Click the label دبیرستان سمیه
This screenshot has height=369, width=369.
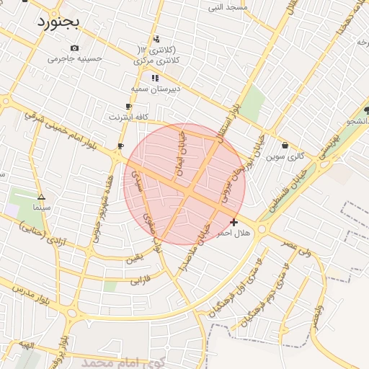150,88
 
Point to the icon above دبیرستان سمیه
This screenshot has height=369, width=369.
154,77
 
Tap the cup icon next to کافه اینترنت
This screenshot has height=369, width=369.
129,106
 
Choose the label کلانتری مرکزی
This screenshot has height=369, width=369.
156,61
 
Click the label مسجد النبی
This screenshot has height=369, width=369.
228,7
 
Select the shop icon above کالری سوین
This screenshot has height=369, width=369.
285,145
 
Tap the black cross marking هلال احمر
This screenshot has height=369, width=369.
234,222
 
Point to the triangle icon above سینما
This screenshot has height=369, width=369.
41,197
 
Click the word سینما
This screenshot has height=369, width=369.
40,207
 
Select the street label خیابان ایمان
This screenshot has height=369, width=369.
180,153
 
